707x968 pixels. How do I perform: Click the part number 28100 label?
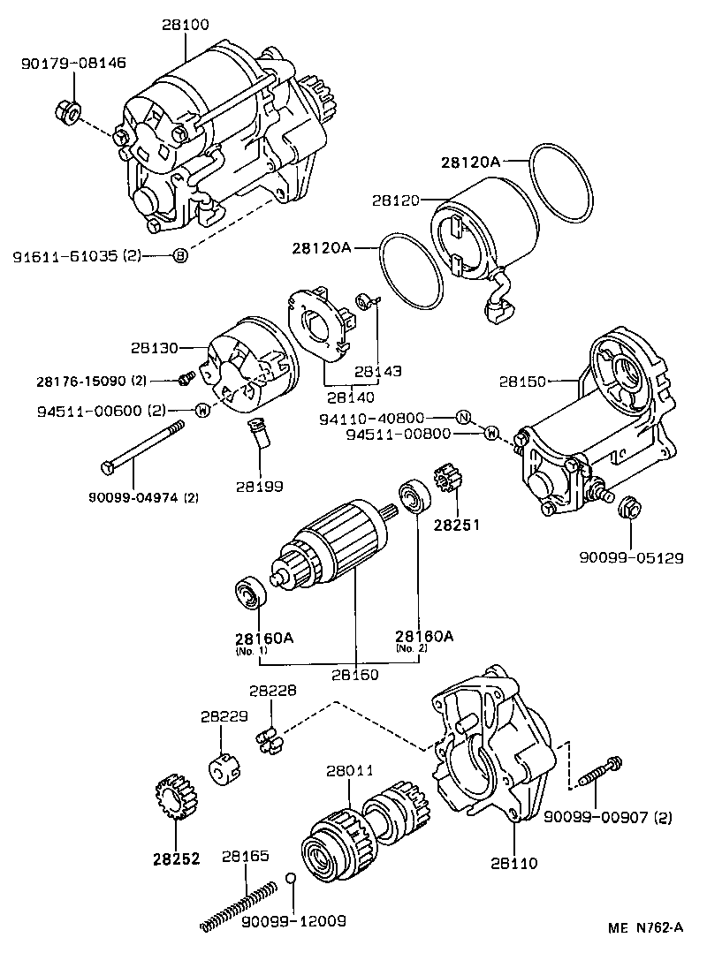click(186, 26)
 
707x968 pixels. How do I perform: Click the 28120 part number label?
click(396, 200)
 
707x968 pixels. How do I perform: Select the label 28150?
click(522, 382)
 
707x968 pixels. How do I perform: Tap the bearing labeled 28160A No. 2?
click(414, 496)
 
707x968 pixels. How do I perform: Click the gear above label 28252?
click(173, 798)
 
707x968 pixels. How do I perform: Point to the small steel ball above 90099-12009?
click(290, 877)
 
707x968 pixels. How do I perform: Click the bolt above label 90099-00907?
click(600, 771)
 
